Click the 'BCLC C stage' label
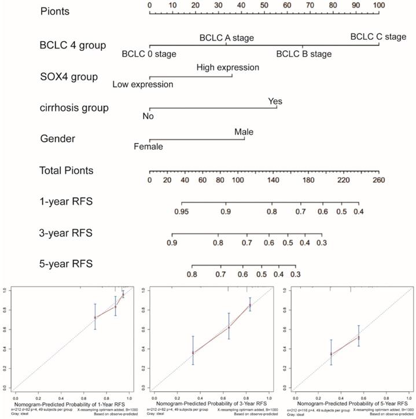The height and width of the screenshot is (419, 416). pyautogui.click(x=378, y=37)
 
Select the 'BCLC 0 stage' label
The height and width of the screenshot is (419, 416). pyautogui.click(x=149, y=54)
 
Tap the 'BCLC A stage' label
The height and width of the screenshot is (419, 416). pyautogui.click(x=226, y=38)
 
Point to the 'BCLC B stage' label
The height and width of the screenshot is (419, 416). pyautogui.click(x=304, y=54)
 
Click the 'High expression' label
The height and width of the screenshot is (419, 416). pyautogui.click(x=227, y=68)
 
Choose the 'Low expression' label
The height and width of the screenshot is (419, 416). pyautogui.click(x=143, y=84)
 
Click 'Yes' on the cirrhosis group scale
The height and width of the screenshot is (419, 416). pyautogui.click(x=275, y=101)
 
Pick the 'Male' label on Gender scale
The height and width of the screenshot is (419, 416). pyautogui.click(x=244, y=133)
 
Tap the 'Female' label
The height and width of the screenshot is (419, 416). pyautogui.click(x=148, y=146)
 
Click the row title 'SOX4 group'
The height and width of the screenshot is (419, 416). pyautogui.click(x=69, y=76)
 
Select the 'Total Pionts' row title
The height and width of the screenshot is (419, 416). pyautogui.click(x=74, y=171)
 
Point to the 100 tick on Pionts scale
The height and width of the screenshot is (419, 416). pyautogui.click(x=378, y=5)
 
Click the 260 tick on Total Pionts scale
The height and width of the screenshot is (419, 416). pyautogui.click(x=378, y=181)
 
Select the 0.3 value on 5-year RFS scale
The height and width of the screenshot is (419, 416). pyautogui.click(x=296, y=274)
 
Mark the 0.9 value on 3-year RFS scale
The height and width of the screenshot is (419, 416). pyautogui.click(x=172, y=243)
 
